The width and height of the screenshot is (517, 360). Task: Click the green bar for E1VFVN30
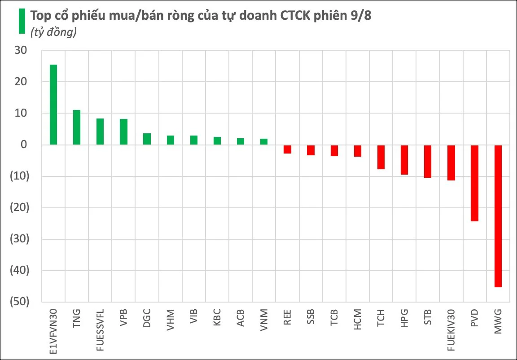point(53,105)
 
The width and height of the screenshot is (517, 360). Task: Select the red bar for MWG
point(498,216)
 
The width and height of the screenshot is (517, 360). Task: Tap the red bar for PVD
point(474,183)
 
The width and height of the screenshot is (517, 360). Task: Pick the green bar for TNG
point(77,127)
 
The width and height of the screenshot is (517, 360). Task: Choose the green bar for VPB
point(124,132)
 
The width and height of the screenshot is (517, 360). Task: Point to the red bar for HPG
point(404,160)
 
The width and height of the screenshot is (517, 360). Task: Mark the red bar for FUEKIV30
point(451,163)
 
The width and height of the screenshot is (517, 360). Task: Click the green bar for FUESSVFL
point(100,132)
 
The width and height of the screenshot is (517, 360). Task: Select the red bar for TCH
point(381,157)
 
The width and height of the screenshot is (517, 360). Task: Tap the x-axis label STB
point(428,317)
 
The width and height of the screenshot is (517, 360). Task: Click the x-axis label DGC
point(147,318)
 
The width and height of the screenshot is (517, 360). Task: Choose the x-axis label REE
point(288,317)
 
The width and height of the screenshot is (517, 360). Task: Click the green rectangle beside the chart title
point(22,21)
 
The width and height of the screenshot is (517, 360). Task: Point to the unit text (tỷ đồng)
point(53,32)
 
